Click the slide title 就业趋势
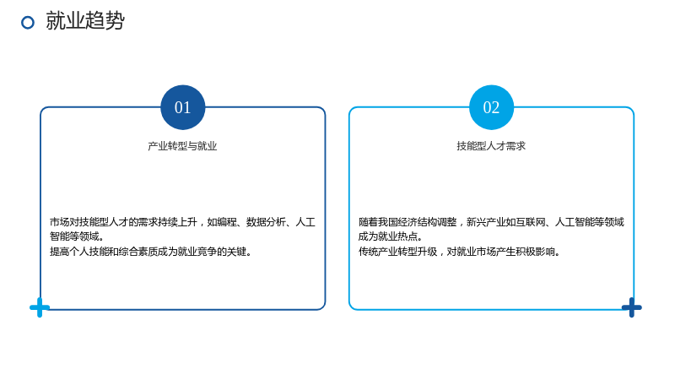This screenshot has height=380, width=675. tap(85, 20)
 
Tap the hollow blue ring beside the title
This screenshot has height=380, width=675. tap(28, 23)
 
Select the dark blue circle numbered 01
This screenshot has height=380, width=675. tap(182, 107)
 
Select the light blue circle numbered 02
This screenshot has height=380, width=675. tap(491, 107)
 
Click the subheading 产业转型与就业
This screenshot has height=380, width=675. tap(182, 146)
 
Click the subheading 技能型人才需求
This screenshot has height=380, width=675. tap(491, 146)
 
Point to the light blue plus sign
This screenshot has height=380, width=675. tap(40, 307)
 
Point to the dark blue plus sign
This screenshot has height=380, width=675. tap(631, 307)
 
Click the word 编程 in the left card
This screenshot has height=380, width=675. tap(227, 222)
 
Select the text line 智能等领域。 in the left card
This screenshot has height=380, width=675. tap(77, 236)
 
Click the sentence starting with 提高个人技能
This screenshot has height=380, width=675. tap(151, 251)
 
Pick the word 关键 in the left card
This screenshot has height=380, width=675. tap(236, 251)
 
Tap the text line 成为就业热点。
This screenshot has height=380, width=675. tap(391, 236)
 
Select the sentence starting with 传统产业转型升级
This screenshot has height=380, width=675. tap(459, 251)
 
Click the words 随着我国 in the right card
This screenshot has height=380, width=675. tap(378, 222)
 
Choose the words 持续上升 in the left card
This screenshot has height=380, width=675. tap(178, 222)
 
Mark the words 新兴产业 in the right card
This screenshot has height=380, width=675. tap(486, 222)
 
